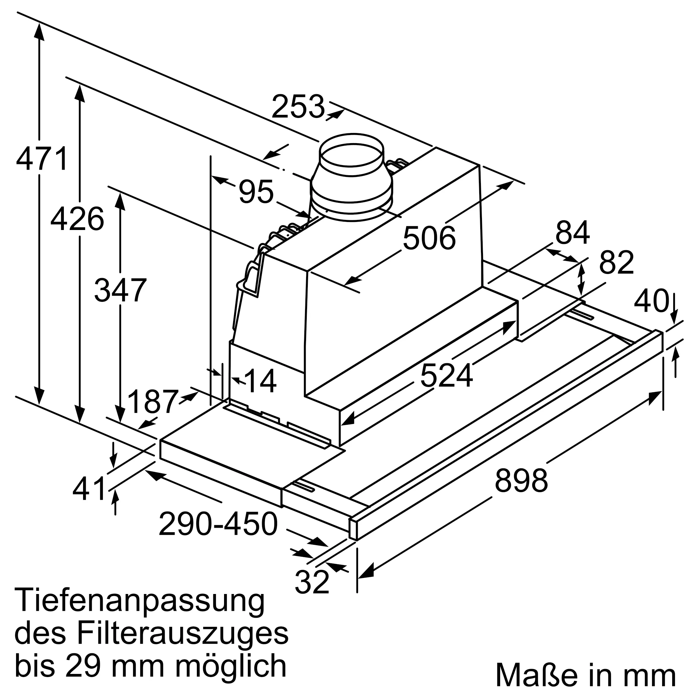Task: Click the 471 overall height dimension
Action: (x=42, y=158)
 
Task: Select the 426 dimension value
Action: (x=77, y=219)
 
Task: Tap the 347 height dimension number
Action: (x=120, y=290)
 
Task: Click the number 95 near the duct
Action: (x=256, y=192)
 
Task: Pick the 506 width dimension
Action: (x=429, y=238)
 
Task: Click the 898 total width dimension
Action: (x=521, y=481)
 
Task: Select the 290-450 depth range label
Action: (x=218, y=524)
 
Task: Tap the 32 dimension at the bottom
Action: (x=312, y=582)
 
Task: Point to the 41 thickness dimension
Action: (x=89, y=489)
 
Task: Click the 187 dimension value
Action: (x=153, y=402)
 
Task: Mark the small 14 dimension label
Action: (x=260, y=381)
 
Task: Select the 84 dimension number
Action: (x=572, y=233)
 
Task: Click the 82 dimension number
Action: (x=616, y=263)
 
